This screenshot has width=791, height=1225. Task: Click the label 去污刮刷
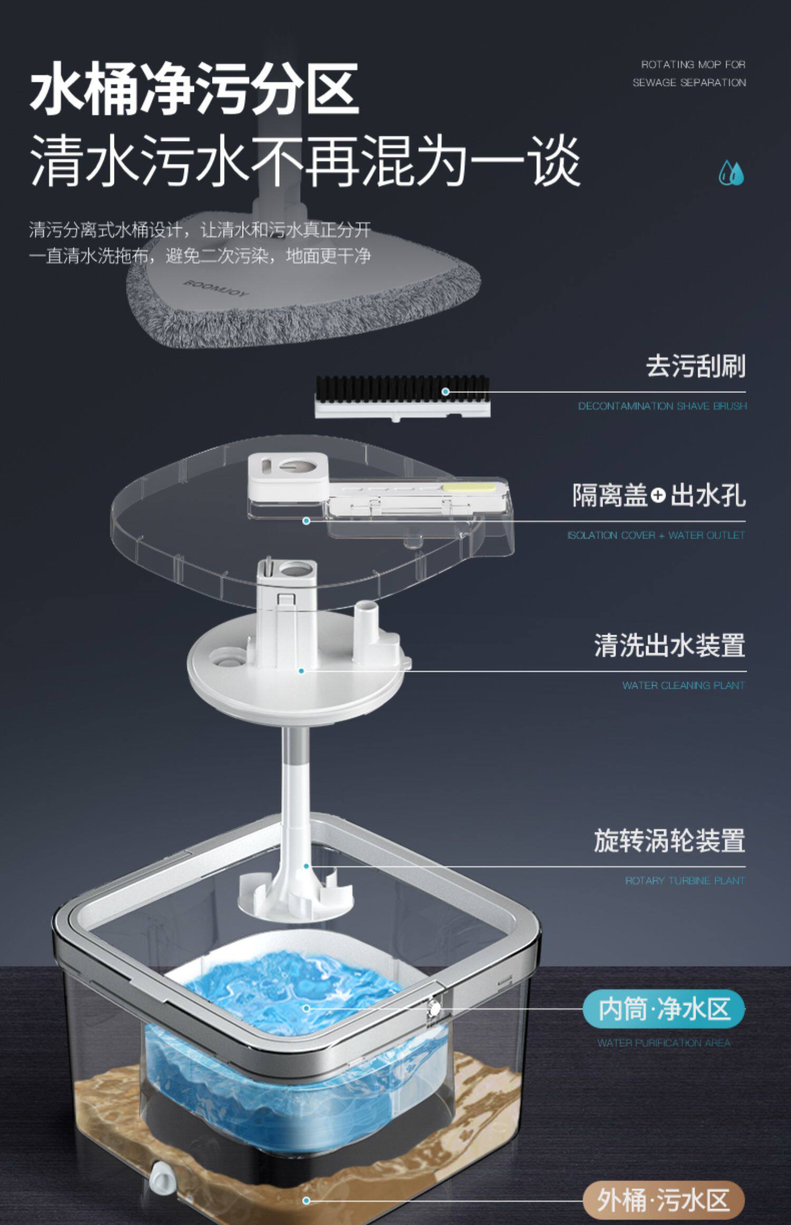tap(696, 366)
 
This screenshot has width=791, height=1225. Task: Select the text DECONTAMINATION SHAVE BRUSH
tap(662, 406)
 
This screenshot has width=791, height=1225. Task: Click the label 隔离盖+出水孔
tap(659, 495)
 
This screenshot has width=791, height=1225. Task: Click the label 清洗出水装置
tap(670, 645)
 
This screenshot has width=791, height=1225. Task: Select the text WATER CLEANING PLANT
tap(683, 685)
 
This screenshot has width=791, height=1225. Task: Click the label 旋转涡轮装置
tap(670, 840)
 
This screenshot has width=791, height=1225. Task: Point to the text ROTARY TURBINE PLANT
tap(685, 881)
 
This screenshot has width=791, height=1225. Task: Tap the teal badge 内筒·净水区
tap(663, 1009)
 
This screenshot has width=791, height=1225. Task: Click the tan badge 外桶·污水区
tap(663, 1200)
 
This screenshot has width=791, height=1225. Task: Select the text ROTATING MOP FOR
tap(693, 65)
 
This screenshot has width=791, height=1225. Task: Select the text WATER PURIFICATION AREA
tap(663, 1042)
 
